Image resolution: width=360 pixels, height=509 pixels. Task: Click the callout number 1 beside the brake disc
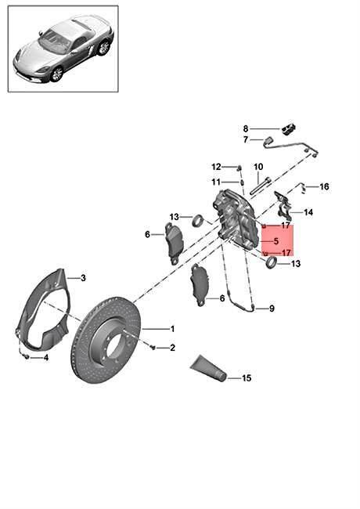tap(172, 329)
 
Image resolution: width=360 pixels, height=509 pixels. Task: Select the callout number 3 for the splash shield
tap(84, 278)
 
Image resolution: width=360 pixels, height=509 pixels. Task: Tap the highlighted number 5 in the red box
tap(276, 241)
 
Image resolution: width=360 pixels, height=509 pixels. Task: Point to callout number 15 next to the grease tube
tap(247, 378)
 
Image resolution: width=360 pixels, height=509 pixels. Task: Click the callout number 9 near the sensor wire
tap(272, 308)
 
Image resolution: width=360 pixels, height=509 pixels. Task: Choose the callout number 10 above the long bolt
tap(258, 167)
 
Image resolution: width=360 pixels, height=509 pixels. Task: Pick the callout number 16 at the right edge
tap(324, 186)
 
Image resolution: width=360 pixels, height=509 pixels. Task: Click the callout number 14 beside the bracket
tap(308, 212)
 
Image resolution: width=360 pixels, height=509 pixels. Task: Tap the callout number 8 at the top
tap(246, 129)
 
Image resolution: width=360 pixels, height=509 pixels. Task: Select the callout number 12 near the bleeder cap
tap(216, 167)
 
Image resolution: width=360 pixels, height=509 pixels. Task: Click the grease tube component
tap(207, 369)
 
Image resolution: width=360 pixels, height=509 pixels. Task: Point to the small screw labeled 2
tap(153, 348)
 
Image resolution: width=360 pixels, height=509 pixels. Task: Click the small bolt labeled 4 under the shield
tap(27, 357)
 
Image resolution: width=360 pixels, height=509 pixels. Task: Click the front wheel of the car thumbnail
tap(57, 74)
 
